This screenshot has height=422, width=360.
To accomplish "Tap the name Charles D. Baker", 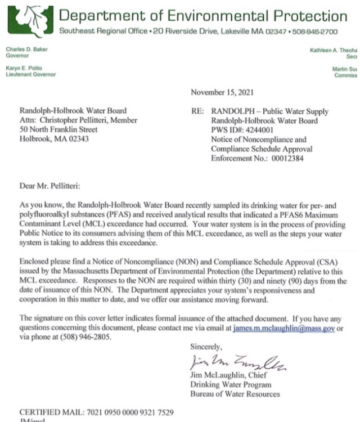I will (x=27, y=50).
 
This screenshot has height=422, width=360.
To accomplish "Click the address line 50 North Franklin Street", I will (x=58, y=129).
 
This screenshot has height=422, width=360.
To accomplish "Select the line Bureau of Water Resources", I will (x=235, y=394).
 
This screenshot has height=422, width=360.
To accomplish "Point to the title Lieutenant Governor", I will (x=31, y=74).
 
